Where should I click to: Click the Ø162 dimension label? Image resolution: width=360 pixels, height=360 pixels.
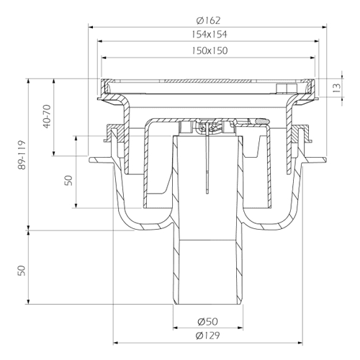[208, 20]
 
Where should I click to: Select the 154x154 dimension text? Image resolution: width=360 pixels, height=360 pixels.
[209, 35]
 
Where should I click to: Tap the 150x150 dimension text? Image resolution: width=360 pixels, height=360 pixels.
[210, 50]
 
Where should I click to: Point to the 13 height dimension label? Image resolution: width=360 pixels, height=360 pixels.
[337, 88]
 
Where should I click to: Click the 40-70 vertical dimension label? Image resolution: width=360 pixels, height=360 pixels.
[48, 117]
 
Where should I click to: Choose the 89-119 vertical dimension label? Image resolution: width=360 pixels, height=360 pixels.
[22, 155]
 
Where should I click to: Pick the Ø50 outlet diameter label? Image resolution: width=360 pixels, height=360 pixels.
[208, 321]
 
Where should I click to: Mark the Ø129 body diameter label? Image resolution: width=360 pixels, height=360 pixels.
[208, 336]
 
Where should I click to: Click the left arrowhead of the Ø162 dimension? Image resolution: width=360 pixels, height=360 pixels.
[91, 27]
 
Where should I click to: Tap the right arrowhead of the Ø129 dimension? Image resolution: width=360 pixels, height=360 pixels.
[300, 343]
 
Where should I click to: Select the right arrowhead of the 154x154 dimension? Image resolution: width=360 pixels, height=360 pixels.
[317, 41]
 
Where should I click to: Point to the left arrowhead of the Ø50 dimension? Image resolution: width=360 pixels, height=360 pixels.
[176, 328]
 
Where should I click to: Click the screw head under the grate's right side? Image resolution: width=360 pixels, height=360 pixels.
[285, 88]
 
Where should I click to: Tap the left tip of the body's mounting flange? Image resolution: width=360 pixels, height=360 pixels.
[90, 160]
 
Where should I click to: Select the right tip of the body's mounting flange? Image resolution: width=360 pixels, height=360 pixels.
[325, 160]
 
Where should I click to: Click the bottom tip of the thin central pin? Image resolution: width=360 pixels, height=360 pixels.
[207, 193]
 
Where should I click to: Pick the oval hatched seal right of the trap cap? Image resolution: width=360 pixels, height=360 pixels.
[261, 122]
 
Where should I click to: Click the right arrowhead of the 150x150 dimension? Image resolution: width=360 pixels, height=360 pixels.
[312, 58]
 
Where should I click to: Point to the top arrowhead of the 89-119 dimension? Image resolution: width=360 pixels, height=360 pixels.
[29, 81]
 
